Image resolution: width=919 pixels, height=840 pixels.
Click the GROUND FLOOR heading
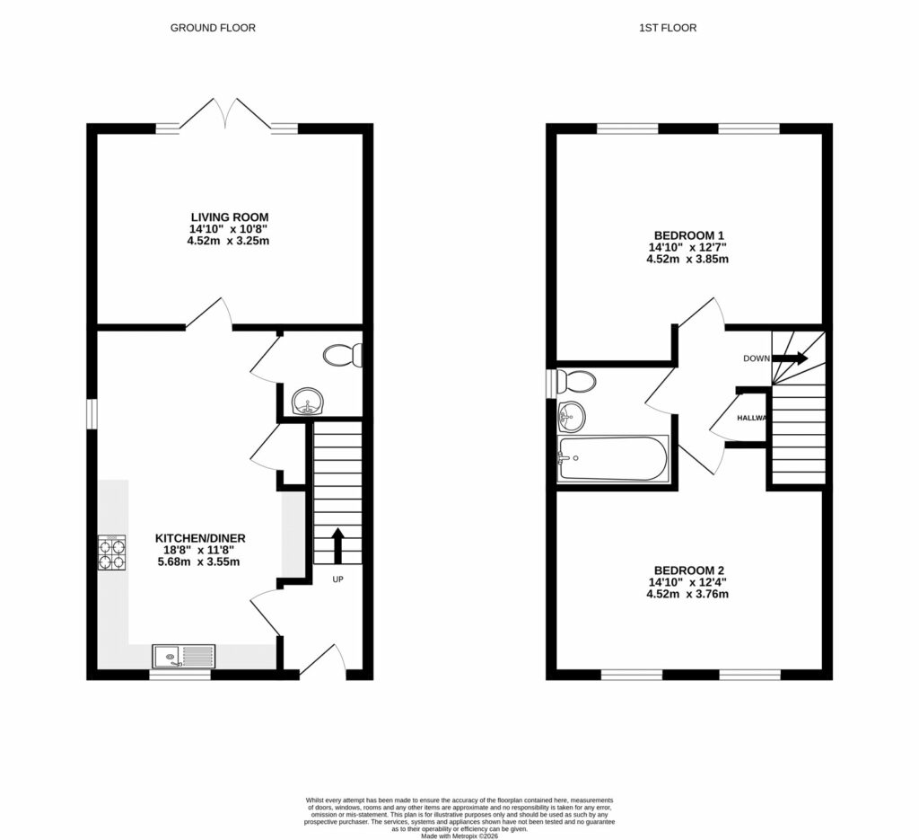point(213,28)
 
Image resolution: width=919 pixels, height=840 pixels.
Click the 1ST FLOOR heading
point(667,28)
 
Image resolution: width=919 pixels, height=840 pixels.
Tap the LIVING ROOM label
point(230,217)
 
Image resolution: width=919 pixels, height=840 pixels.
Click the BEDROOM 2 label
point(689,570)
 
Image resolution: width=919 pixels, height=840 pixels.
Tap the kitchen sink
point(184,657)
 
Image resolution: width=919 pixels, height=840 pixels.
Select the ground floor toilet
point(343,357)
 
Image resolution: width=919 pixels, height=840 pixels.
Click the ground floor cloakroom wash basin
point(308,401)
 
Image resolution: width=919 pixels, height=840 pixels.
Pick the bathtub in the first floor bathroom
point(612,459)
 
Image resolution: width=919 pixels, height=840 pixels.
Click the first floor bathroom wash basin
point(572,416)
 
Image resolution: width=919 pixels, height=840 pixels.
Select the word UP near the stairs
point(338,579)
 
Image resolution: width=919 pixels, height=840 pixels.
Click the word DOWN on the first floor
point(756,358)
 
